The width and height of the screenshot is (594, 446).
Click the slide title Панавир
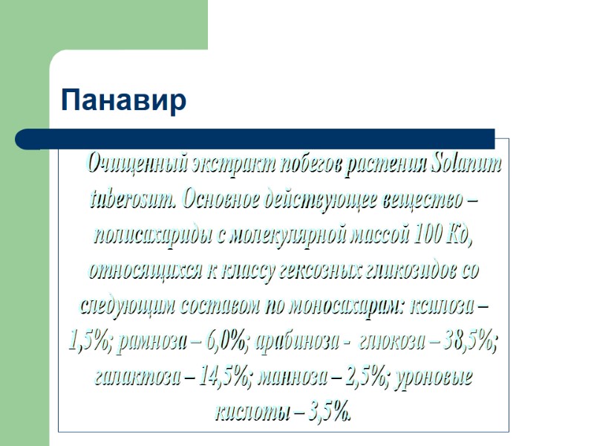(x=123, y=100)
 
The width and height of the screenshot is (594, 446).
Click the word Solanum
(x=466, y=164)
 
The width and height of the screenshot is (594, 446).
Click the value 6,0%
(x=226, y=341)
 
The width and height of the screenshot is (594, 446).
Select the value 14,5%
(x=224, y=376)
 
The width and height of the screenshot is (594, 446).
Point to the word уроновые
(x=431, y=376)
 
